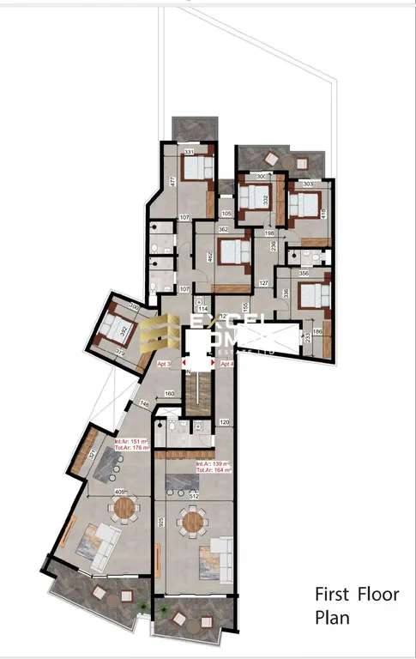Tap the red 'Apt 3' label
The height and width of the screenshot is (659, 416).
click(x=165, y=364)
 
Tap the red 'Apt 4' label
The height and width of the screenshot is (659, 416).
click(x=227, y=364)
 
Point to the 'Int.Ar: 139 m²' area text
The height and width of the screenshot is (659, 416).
click(x=214, y=463)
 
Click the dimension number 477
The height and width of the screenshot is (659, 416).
click(x=172, y=181)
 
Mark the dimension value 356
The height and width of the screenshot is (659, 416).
click(x=304, y=274)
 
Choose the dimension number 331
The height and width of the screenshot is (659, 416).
click(x=190, y=152)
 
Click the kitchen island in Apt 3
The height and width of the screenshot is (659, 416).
click(x=111, y=465)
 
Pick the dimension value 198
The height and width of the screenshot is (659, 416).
click(x=269, y=233)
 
